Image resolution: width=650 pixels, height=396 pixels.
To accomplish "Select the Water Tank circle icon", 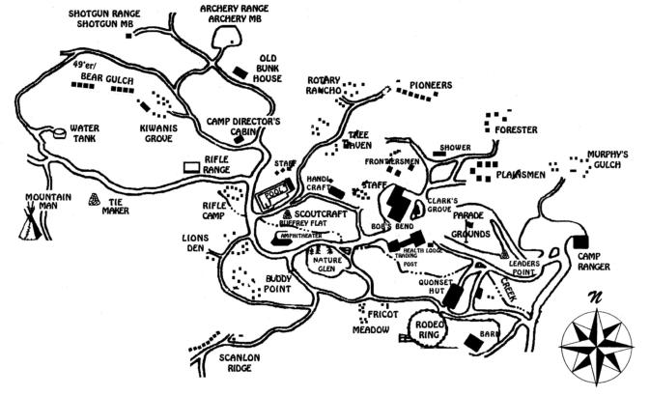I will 60,130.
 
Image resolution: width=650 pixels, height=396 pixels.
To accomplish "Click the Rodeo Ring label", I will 429,330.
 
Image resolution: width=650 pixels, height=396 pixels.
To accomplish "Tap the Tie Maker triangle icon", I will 95,200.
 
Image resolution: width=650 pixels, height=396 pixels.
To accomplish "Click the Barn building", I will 473,340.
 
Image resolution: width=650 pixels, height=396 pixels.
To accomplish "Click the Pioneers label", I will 430,85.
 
